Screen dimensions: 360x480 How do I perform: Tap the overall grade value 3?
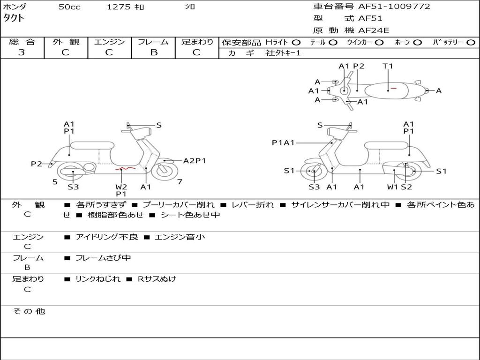(x=22, y=52)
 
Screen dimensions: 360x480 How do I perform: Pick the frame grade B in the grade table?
(x=154, y=52)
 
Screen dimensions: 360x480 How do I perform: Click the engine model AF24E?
(x=374, y=31)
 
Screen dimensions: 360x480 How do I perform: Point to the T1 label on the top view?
(x=388, y=66)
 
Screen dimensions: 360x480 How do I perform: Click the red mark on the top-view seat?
(x=394, y=88)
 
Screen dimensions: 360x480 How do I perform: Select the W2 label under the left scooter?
(x=121, y=187)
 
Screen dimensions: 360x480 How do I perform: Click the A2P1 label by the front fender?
(x=195, y=161)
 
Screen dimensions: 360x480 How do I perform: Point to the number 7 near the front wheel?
(x=180, y=181)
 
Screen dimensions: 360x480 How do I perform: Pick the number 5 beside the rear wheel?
(x=55, y=181)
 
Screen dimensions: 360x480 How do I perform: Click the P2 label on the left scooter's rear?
(x=37, y=164)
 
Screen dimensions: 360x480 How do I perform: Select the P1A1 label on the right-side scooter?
(x=283, y=142)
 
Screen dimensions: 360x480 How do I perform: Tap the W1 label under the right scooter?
(x=393, y=187)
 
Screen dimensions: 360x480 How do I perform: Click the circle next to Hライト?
(x=296, y=42)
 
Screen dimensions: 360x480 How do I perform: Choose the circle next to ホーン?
(x=417, y=42)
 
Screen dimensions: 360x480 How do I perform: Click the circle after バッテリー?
(x=471, y=42)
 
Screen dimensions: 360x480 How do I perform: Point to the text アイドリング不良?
(x=107, y=237)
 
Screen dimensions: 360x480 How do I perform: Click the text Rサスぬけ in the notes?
(x=157, y=279)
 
